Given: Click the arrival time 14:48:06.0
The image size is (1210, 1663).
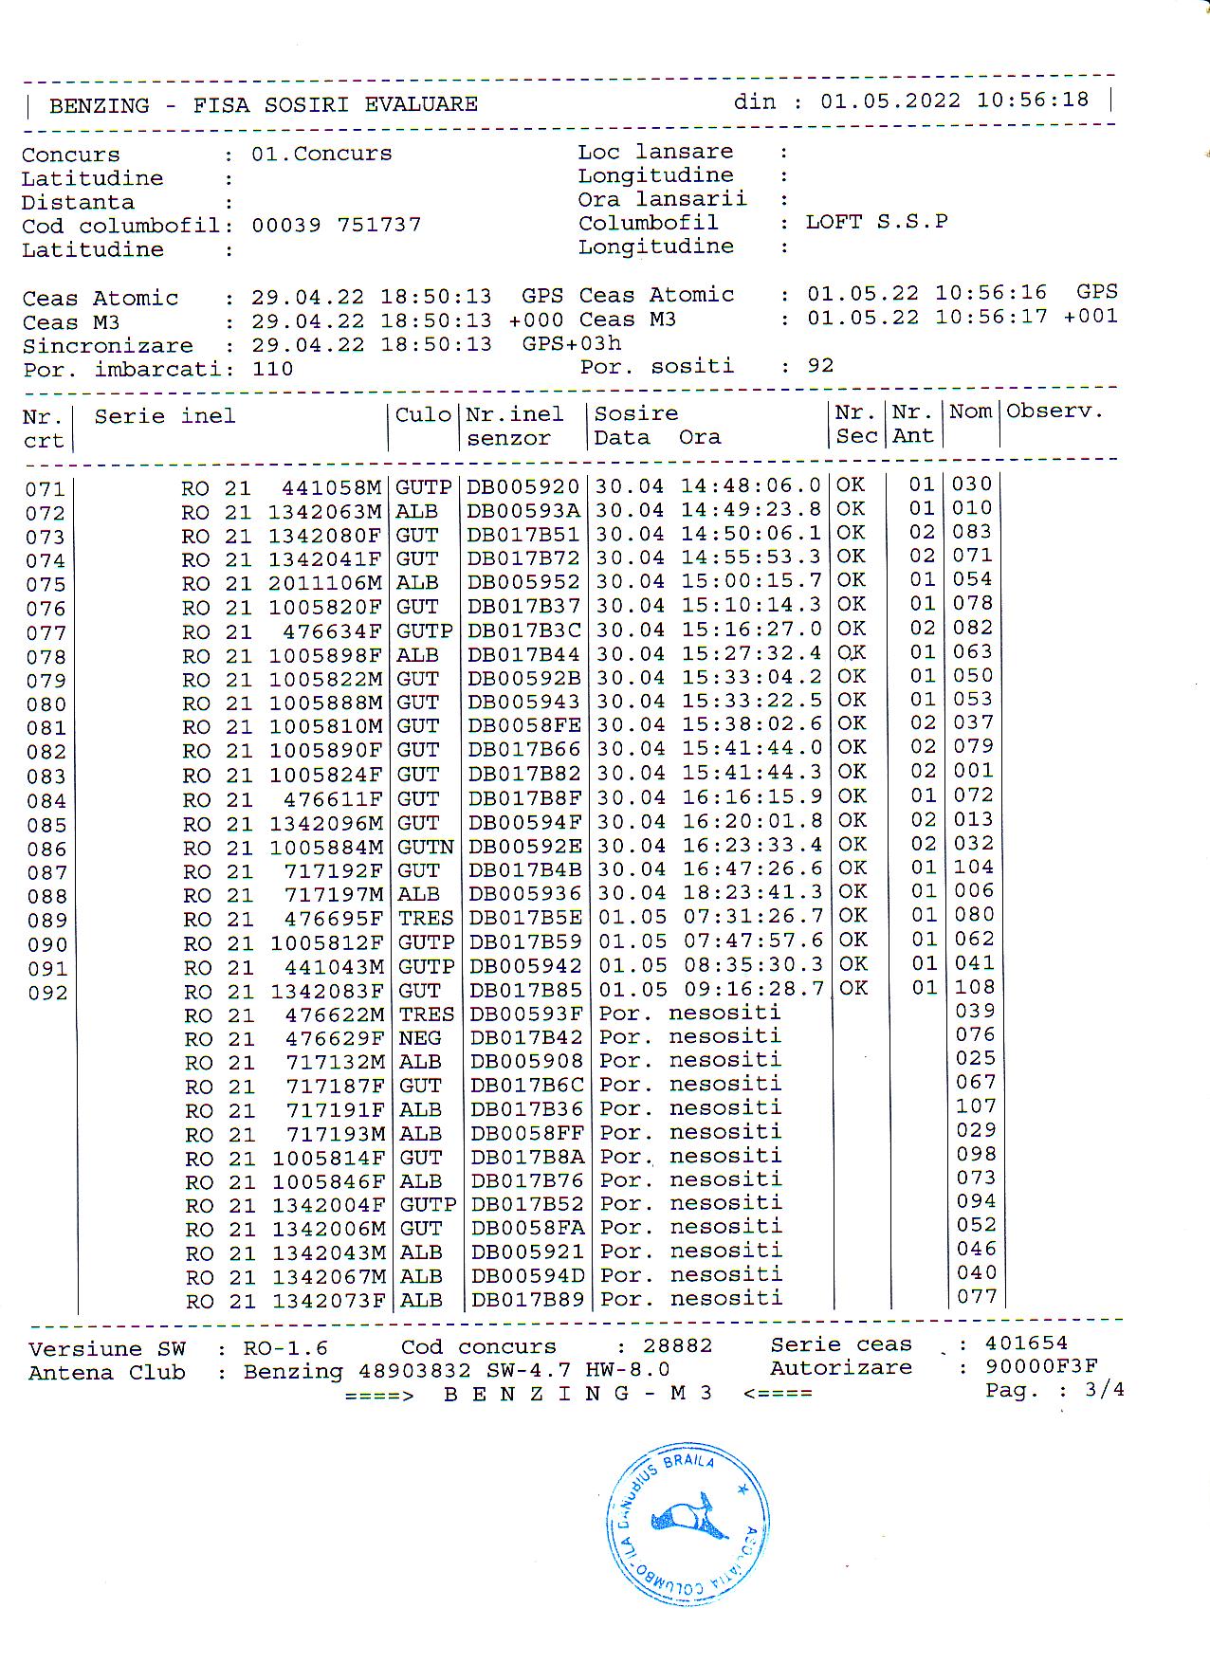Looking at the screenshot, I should (750, 486).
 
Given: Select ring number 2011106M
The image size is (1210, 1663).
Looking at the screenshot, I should (325, 582).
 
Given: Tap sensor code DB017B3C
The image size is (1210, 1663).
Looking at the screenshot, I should (523, 630).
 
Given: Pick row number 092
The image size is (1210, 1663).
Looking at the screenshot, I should (46, 993).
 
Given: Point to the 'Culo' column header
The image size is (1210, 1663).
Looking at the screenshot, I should (423, 414).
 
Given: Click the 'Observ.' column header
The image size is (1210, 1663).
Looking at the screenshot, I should (1054, 411).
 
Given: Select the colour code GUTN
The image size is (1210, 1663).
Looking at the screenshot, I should (425, 847).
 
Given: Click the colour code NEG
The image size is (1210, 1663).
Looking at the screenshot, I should (419, 1038).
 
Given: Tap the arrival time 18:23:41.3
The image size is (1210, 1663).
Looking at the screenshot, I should (751, 893).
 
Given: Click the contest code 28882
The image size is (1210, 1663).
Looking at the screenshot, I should (677, 1345).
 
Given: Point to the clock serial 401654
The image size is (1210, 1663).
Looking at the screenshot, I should (1026, 1343).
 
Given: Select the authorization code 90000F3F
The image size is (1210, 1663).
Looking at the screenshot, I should (1041, 1366).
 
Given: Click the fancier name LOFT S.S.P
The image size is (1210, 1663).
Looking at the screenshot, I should (876, 222).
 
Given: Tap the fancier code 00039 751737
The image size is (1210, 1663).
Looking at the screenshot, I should (336, 225).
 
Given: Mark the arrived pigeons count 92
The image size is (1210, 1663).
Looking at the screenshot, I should (820, 366).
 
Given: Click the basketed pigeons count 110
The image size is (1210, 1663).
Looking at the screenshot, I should (272, 369).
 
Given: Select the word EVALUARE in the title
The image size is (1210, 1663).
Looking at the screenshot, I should (421, 104).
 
